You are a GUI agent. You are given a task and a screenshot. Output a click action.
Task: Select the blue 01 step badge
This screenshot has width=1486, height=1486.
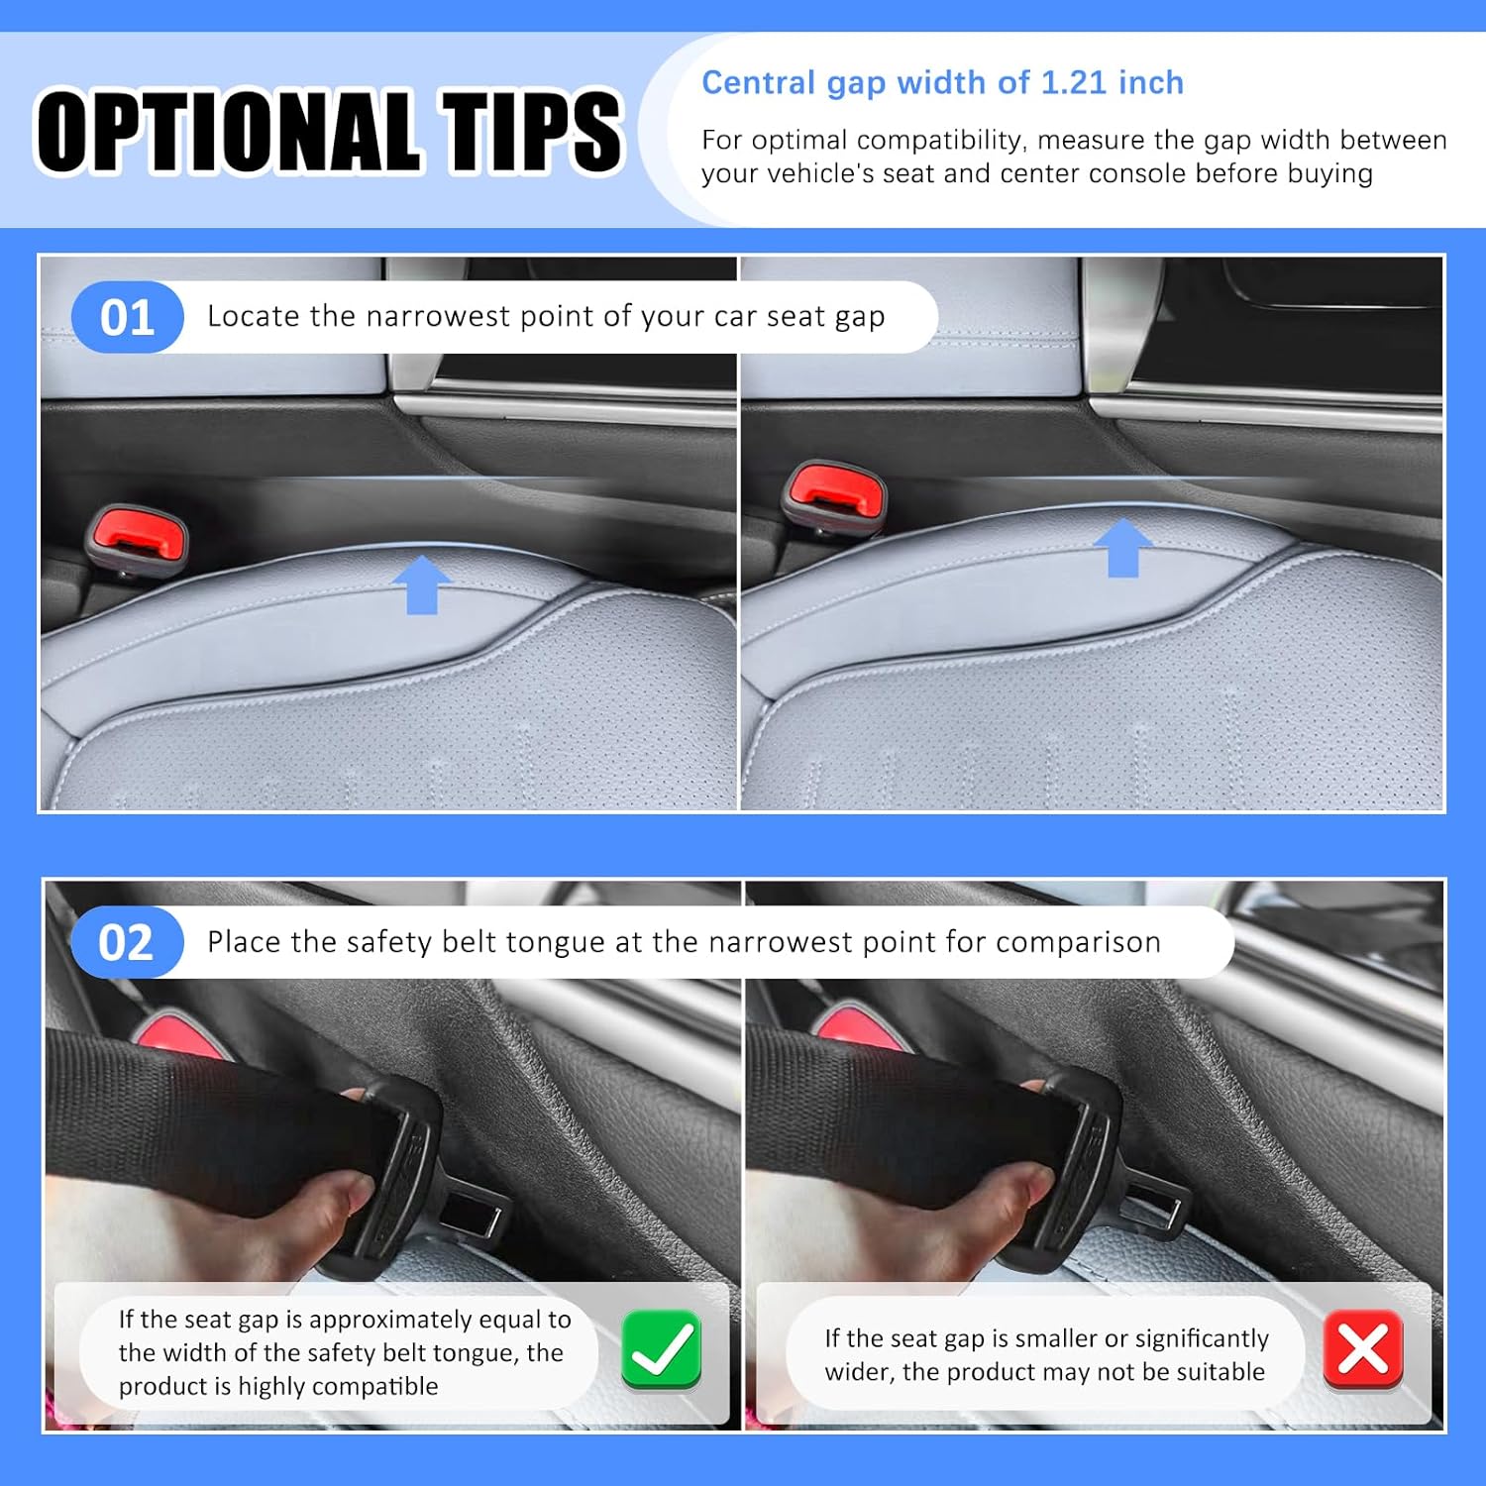point(128,317)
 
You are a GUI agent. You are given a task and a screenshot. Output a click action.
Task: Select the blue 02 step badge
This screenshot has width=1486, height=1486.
point(127,942)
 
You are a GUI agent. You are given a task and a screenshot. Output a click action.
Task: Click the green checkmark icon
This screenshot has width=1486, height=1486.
point(662,1349)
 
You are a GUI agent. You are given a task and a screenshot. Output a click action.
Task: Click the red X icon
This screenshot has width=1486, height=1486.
point(1363,1349)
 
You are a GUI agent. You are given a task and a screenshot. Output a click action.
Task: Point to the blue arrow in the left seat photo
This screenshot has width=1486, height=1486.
point(422,584)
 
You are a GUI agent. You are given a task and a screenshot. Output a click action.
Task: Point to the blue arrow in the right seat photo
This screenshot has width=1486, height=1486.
point(1122,547)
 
